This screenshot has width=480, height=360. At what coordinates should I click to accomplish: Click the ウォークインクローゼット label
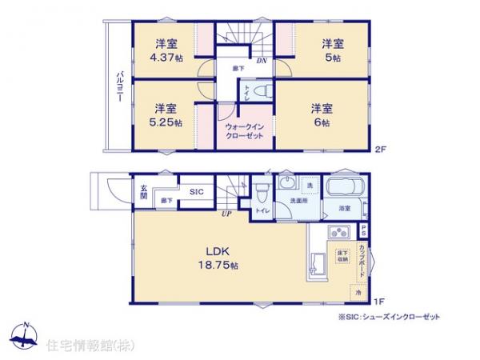[244, 131]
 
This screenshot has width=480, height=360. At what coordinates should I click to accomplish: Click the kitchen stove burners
[338, 234]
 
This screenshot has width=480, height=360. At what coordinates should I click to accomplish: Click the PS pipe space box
[365, 229]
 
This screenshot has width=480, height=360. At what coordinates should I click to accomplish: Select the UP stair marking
[227, 213]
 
